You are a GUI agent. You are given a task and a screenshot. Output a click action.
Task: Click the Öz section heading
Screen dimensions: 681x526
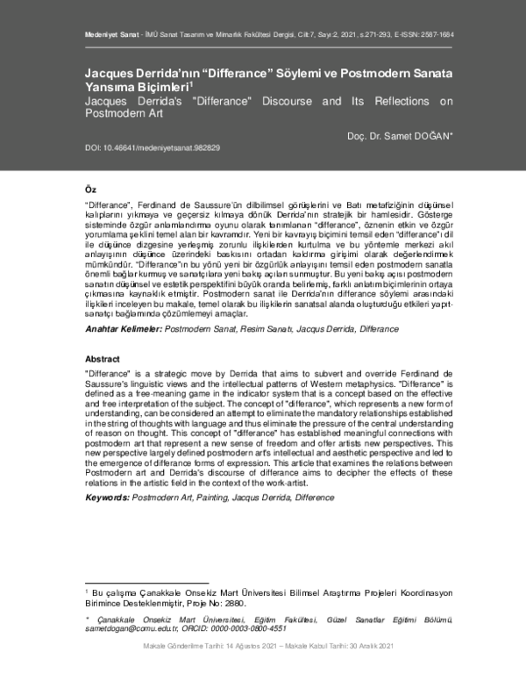click(x=90, y=190)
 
